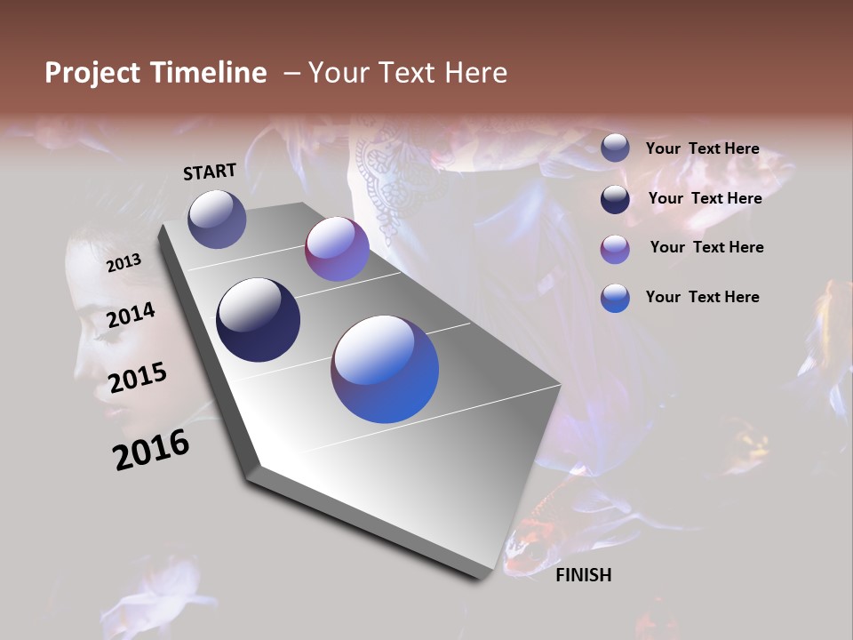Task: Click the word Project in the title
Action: [x=92, y=73]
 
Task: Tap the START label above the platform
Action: [x=210, y=172]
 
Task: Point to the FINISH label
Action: [x=583, y=575]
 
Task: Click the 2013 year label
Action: [x=124, y=262]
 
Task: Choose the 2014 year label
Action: [x=132, y=315]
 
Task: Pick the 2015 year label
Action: [x=138, y=378]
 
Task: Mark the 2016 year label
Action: [x=151, y=450]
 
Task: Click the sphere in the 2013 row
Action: [x=217, y=219]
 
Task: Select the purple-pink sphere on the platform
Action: [x=337, y=249]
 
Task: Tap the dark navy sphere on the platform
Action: [x=259, y=320]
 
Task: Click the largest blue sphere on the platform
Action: [x=385, y=369]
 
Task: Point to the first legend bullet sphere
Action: [x=615, y=148]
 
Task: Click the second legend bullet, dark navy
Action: [x=615, y=199]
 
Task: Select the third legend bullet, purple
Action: [x=615, y=249]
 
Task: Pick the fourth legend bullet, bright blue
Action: [x=615, y=298]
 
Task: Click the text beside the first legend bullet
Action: [x=702, y=148]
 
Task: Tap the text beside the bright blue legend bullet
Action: [x=702, y=297]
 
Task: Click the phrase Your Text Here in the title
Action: [x=408, y=73]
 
